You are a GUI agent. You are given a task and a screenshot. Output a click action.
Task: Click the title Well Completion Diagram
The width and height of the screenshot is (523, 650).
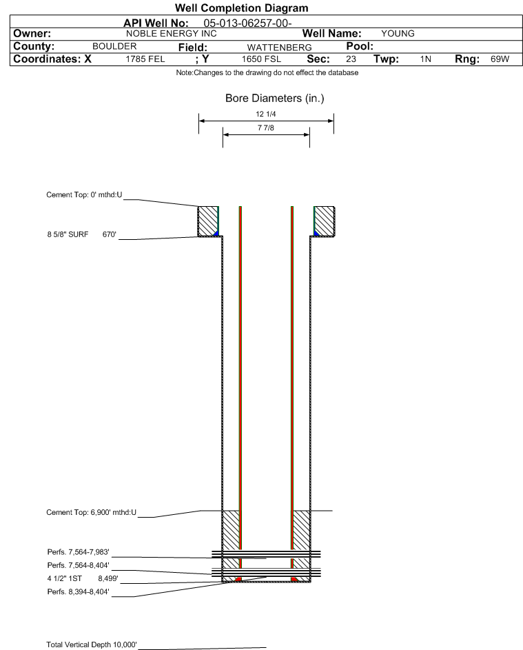pyautogui.click(x=242, y=8)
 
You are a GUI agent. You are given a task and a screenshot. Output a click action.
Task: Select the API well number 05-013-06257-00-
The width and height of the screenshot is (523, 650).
pyautogui.click(x=247, y=23)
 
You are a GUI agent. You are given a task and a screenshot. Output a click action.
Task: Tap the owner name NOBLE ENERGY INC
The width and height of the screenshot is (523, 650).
pyautogui.click(x=171, y=34)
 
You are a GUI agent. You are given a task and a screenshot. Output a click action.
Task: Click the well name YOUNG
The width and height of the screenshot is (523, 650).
pyautogui.click(x=398, y=34)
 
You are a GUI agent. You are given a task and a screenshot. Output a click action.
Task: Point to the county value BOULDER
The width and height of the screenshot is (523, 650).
pyautogui.click(x=114, y=46)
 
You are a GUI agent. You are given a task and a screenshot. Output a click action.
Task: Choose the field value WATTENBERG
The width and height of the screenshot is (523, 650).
pyautogui.click(x=279, y=48)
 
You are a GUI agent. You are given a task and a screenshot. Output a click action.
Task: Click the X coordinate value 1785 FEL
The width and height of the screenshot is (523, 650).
pyautogui.click(x=145, y=59)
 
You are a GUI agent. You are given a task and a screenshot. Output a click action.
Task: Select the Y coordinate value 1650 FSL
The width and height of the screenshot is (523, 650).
pyautogui.click(x=261, y=59)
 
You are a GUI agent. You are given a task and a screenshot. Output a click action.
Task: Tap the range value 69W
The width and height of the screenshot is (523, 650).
pyautogui.click(x=500, y=59)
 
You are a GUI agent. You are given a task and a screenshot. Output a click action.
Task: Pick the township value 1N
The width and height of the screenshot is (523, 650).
pyautogui.click(x=426, y=59)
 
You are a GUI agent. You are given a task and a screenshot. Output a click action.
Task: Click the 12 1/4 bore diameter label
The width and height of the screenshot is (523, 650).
pyautogui.click(x=266, y=114)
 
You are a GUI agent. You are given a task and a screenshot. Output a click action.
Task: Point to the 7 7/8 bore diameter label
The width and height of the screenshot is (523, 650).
pyautogui.click(x=266, y=128)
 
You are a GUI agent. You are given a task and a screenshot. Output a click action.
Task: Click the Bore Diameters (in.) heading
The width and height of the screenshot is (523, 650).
pyautogui.click(x=275, y=99)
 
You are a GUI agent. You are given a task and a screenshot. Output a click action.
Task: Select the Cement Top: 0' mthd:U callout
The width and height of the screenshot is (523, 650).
pyautogui.click(x=84, y=195)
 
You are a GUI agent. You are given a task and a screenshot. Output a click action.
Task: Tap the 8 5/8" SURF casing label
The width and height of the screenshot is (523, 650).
pyautogui.click(x=68, y=234)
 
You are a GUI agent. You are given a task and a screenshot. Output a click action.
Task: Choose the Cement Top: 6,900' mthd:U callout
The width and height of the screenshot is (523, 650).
pyautogui.click(x=91, y=512)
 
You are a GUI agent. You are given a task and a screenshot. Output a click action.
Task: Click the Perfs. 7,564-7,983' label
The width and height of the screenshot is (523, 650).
pyautogui.click(x=79, y=552)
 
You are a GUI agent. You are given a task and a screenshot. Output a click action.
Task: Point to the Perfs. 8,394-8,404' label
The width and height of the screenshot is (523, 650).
pyautogui.click(x=79, y=592)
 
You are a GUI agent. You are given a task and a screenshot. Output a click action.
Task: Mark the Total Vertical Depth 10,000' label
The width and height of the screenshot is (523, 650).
pyautogui.click(x=92, y=644)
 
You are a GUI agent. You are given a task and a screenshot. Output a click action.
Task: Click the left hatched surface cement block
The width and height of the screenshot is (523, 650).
pyautogui.click(x=207, y=221)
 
